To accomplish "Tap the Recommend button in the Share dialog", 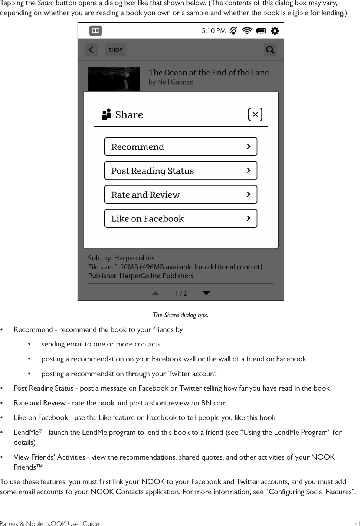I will point(180,147).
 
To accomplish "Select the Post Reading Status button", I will point(180,171).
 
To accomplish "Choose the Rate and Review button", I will point(180,195).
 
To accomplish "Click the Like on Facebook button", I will point(180,218).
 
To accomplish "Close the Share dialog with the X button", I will point(255,115).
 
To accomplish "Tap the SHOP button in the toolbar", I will point(115,50).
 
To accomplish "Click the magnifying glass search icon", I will point(270,50).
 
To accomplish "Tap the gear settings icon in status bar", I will point(275,31).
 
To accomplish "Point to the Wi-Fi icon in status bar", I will point(247,31).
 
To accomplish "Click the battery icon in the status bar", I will point(261,31).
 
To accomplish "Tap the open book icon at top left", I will point(95,31).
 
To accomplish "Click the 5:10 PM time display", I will point(213,31).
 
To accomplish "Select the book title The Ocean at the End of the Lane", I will point(209,73).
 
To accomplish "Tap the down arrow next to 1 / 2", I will point(206,293).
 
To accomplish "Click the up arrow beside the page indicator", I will point(156,293).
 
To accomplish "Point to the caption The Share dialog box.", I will point(180,315).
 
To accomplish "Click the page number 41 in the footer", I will point(357,523).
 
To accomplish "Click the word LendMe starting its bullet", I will point(26,433).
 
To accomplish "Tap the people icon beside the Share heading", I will point(107,114).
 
